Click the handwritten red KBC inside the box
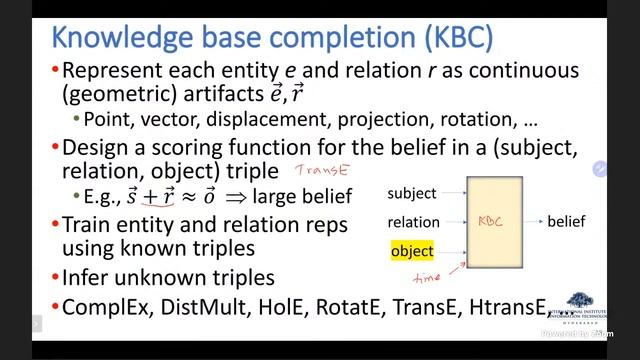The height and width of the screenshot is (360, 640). [491, 221]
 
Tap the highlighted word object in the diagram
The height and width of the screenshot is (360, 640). [411, 251]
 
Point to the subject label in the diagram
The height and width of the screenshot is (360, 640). [412, 192]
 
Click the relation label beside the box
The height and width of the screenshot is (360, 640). [413, 222]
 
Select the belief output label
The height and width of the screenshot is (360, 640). [566, 221]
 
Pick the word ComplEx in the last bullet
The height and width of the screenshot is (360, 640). [105, 307]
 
